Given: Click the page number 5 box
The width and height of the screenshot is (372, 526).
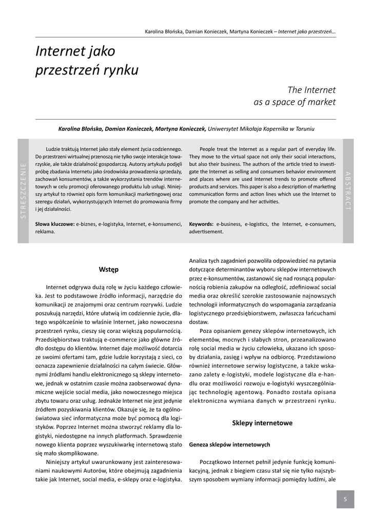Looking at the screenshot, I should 345,499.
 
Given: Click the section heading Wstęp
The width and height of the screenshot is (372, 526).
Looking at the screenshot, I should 109,269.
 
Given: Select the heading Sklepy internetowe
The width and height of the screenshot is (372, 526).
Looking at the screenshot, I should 262,423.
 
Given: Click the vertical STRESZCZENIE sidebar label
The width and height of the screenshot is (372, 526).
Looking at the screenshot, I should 23,191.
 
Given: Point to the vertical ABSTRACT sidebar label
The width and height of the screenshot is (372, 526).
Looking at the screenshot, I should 348,190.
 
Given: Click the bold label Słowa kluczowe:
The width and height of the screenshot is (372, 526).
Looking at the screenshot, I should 55,224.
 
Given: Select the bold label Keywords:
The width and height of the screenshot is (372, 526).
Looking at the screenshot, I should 201,224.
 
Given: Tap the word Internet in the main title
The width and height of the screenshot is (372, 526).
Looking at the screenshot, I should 56,51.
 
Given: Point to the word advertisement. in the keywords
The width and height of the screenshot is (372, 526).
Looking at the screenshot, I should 206,232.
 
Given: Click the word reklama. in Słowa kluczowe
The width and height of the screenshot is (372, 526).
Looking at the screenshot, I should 45,232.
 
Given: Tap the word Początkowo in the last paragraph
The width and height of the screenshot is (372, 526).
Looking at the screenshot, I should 217,462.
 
